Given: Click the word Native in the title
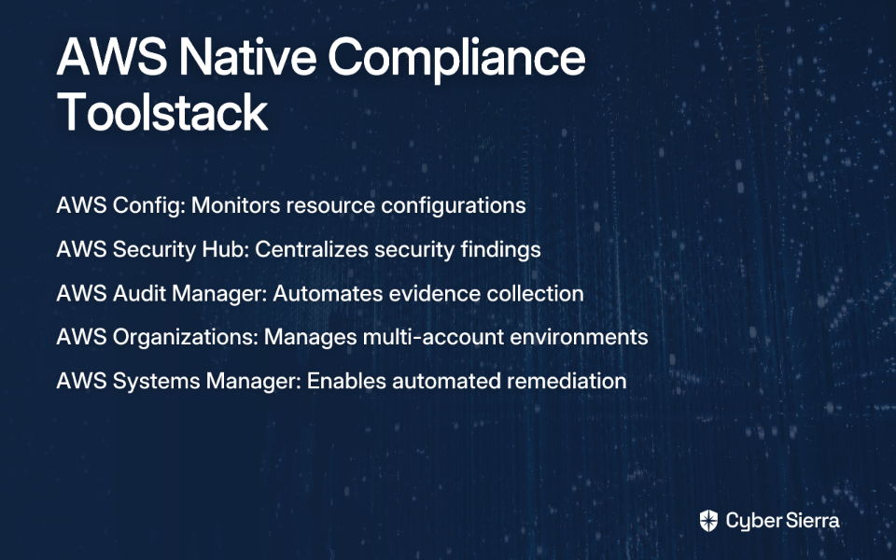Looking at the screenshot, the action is pos(247,57).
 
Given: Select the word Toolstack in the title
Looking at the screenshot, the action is pos(162,112).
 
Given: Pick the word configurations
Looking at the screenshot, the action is pos(454,205).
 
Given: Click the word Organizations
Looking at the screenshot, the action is pos(186,337).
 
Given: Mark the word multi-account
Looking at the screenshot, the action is pos(432,337).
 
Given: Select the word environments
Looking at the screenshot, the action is pos(579,337).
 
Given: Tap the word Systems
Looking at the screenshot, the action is pos(156,381).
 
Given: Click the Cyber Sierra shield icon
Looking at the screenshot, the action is pos(708,521).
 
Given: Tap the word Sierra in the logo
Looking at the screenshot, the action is pos(813,521).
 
